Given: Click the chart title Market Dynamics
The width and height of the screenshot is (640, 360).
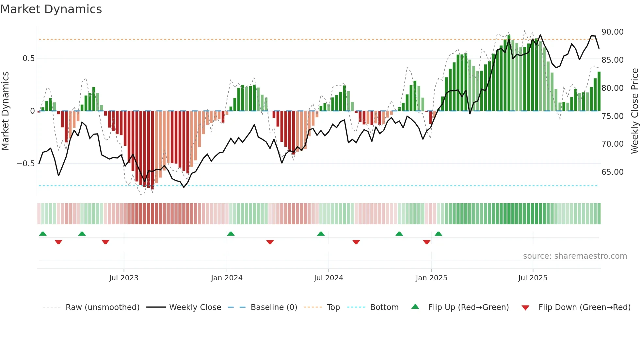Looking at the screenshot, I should click(x=51, y=9).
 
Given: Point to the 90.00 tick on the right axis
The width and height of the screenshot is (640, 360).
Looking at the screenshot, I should click(x=612, y=32).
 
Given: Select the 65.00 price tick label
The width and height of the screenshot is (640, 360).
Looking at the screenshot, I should click(x=612, y=172).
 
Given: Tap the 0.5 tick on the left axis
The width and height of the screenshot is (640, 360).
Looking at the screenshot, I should click(x=28, y=58).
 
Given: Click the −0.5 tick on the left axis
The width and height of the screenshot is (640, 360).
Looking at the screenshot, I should click(x=25, y=164).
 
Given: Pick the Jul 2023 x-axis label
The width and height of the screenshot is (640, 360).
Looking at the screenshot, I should click(x=124, y=278).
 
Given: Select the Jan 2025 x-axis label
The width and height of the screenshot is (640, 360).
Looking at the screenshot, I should click(x=431, y=278).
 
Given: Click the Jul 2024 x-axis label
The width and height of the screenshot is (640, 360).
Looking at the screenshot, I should click(x=328, y=278).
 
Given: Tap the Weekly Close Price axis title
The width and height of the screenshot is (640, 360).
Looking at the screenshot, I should click(x=634, y=111).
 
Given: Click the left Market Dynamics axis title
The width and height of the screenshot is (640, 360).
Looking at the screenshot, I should click(x=5, y=111).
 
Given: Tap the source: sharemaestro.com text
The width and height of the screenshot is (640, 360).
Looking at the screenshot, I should click(x=575, y=256).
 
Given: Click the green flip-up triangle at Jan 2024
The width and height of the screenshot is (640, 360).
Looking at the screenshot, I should click(x=231, y=234).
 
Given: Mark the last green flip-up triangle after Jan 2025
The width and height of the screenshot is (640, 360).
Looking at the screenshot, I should click(x=439, y=234).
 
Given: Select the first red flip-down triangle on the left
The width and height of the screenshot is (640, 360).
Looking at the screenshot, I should click(x=58, y=242).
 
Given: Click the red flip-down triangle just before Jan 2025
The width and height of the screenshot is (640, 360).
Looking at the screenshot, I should click(x=426, y=242).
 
